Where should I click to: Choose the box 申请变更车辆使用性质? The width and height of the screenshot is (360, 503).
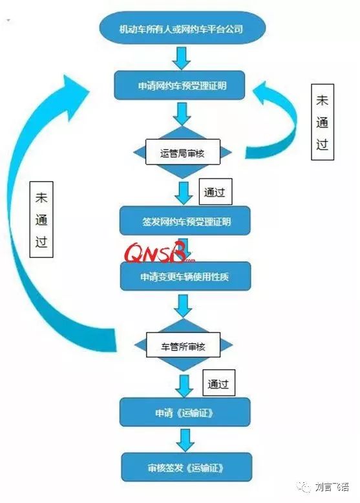tap(185, 277)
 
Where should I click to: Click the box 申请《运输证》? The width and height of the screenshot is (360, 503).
tap(185, 412)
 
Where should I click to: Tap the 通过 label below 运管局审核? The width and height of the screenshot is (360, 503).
tap(215, 191)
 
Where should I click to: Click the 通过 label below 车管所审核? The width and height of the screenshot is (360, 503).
tap(218, 383)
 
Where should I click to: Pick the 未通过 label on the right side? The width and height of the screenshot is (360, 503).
tap(323, 123)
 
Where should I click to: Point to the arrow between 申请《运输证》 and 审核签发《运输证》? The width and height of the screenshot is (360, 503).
tap(185, 439)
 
